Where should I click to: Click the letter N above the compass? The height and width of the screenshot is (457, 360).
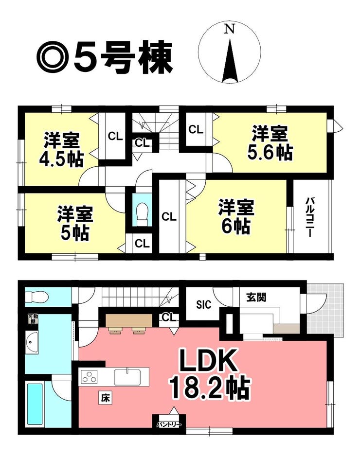click(230, 29)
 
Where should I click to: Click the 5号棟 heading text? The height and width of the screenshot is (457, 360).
click(123, 58)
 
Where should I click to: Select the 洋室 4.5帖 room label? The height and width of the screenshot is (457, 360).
click(62, 150)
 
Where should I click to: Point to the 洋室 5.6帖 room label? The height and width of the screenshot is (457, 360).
click(270, 142)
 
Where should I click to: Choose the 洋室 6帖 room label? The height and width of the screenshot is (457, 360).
click(236, 216)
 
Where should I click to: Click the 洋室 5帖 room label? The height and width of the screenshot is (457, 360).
click(75, 223)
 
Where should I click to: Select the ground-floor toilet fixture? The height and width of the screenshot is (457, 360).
click(36, 297)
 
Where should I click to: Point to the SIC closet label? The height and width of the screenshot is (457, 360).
click(203, 305)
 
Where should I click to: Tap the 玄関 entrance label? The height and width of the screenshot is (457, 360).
click(256, 297)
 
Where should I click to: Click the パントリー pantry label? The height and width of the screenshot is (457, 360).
click(169, 424)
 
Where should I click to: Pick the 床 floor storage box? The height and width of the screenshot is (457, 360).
click(105, 398)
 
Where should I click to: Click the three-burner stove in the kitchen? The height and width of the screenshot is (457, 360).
click(89, 376)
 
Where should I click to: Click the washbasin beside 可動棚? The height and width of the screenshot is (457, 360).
click(32, 342)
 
